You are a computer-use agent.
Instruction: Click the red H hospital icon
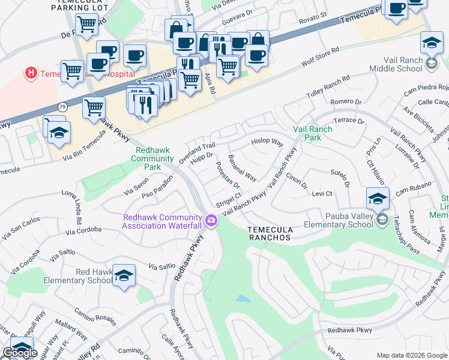click(29, 73)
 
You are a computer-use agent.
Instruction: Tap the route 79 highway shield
click(62, 106)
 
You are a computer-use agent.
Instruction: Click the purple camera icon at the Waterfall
click(211, 221)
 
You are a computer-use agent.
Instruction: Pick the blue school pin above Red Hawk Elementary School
click(124, 276)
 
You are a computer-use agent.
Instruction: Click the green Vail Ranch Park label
click(312, 133)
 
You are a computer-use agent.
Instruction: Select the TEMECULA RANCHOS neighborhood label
click(270, 233)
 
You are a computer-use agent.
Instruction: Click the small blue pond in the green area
click(243, 298)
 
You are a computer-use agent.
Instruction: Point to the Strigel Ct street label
click(229, 197)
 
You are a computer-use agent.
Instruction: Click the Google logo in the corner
click(20, 353)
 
